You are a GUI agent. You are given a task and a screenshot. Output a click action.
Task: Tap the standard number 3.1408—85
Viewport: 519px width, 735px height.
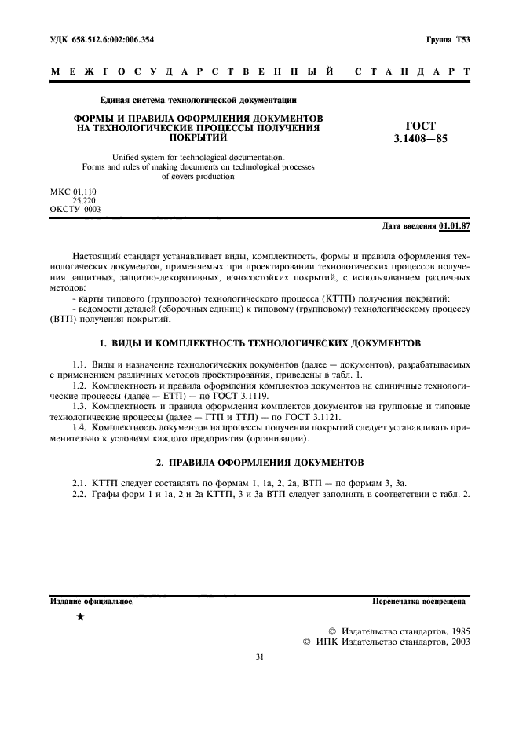tap(420, 139)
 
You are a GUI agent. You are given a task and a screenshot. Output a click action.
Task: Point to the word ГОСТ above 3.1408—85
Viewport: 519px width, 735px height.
tap(420, 126)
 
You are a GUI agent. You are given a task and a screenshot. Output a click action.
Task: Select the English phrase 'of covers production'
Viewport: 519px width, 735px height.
tap(198, 177)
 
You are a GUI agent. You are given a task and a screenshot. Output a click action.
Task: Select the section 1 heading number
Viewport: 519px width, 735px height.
tap(101, 344)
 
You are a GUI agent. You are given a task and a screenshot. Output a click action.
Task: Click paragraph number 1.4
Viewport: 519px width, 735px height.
tap(79, 427)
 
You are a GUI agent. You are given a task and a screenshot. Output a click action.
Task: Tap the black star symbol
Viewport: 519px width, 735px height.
tap(80, 616)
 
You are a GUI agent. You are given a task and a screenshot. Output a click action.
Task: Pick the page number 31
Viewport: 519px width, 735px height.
tap(259, 658)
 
